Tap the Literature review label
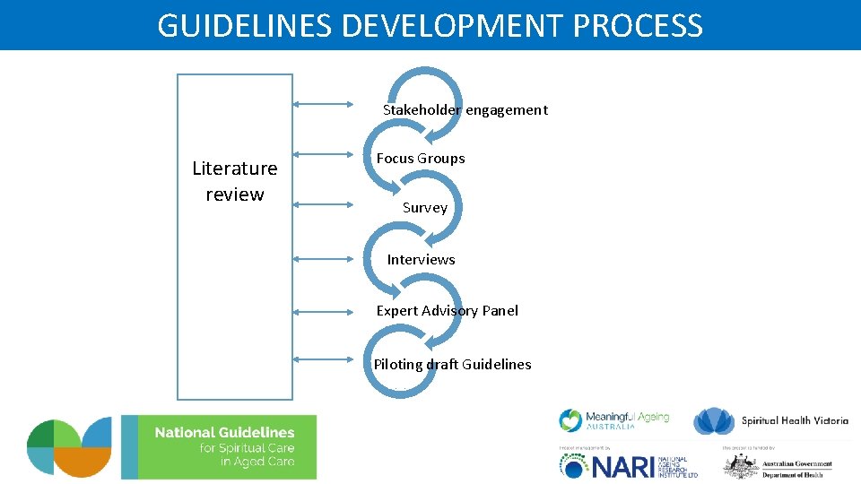pos(235,181)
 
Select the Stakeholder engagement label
pos(465,110)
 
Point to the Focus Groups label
pos(421,159)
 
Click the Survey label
pos(425,208)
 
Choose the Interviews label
pos(421,260)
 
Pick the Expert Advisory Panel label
pos(447,311)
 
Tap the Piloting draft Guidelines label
pos(452,365)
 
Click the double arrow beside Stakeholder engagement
pos(325,104)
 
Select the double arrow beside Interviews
pos(325,259)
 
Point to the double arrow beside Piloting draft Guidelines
pos(325,359)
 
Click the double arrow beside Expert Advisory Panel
pos(325,312)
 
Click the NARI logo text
pos(619,465)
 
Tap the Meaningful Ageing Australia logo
pos(614,419)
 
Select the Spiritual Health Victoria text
pos(795,421)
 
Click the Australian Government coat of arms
pos(742,466)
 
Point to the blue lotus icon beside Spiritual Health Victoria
pos(715,420)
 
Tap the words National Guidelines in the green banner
pos(224,433)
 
